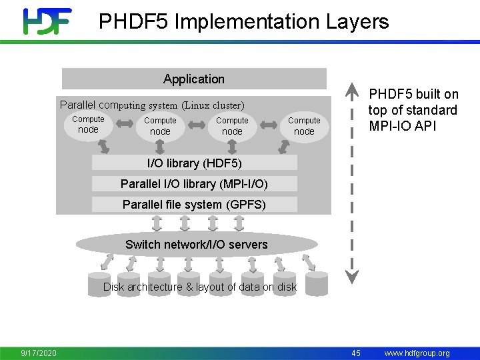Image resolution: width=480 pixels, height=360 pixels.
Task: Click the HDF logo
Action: pyautogui.click(x=47, y=21)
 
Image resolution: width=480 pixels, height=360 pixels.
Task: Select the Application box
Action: pyautogui.click(x=194, y=79)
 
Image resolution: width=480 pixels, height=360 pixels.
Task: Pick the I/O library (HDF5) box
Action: pyautogui.click(x=194, y=163)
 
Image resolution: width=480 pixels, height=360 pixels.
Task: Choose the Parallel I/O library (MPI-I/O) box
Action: pyautogui.click(x=194, y=183)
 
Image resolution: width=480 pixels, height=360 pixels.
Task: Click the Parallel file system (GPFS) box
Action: pyautogui.click(x=194, y=205)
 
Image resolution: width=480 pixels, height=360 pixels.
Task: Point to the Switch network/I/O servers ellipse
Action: pyautogui.click(x=196, y=245)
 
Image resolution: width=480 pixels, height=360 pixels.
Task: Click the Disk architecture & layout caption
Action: pyautogui.click(x=199, y=287)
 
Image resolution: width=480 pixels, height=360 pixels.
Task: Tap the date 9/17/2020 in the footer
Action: pyautogui.click(x=39, y=353)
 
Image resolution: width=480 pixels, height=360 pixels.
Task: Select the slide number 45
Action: pyautogui.click(x=356, y=353)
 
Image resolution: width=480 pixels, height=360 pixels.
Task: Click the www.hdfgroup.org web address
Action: pyautogui.click(x=417, y=353)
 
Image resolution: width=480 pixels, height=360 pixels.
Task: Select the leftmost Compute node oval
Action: pyautogui.click(x=88, y=125)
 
